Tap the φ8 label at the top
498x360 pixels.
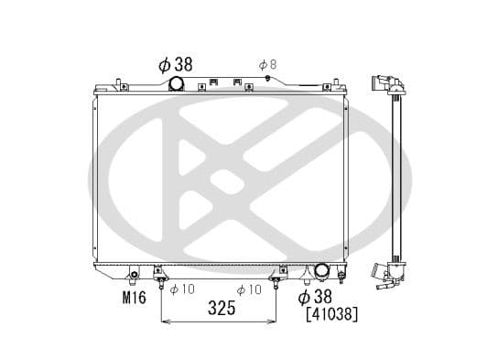(x=266, y=64)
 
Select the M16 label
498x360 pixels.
(x=135, y=296)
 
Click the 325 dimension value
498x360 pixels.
(x=220, y=309)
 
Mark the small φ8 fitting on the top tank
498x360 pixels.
(x=266, y=80)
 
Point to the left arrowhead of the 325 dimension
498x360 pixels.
(x=165, y=321)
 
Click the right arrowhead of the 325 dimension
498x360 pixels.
(x=276, y=321)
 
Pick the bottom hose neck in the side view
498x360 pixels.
(x=378, y=271)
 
